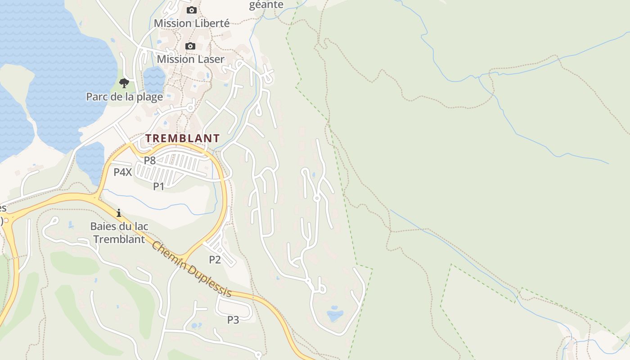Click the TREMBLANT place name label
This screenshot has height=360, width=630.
tap(182, 138)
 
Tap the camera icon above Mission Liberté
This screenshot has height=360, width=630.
tap(192, 10)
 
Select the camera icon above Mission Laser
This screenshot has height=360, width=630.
tap(190, 46)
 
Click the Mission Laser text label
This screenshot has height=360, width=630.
tap(190, 59)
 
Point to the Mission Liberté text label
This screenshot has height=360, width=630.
tap(192, 23)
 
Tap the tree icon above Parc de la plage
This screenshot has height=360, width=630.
tap(124, 83)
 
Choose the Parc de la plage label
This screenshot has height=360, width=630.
tap(124, 97)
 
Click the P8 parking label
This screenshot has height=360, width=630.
tap(149, 160)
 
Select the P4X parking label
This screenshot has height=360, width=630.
tap(122, 172)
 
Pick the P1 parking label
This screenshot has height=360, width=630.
tap(158, 186)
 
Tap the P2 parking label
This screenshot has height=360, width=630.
tap(215, 260)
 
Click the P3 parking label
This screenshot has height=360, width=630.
tap(233, 320)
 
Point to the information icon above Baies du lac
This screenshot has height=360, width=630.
tap(119, 213)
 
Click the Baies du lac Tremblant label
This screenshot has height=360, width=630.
tap(119, 233)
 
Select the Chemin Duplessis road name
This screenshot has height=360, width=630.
tap(191, 269)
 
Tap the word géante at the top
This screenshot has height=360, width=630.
tap(266, 5)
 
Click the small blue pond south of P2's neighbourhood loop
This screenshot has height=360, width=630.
tap(335, 314)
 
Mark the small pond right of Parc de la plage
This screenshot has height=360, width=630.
tap(154, 79)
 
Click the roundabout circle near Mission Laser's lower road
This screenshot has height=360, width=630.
tap(190, 108)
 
